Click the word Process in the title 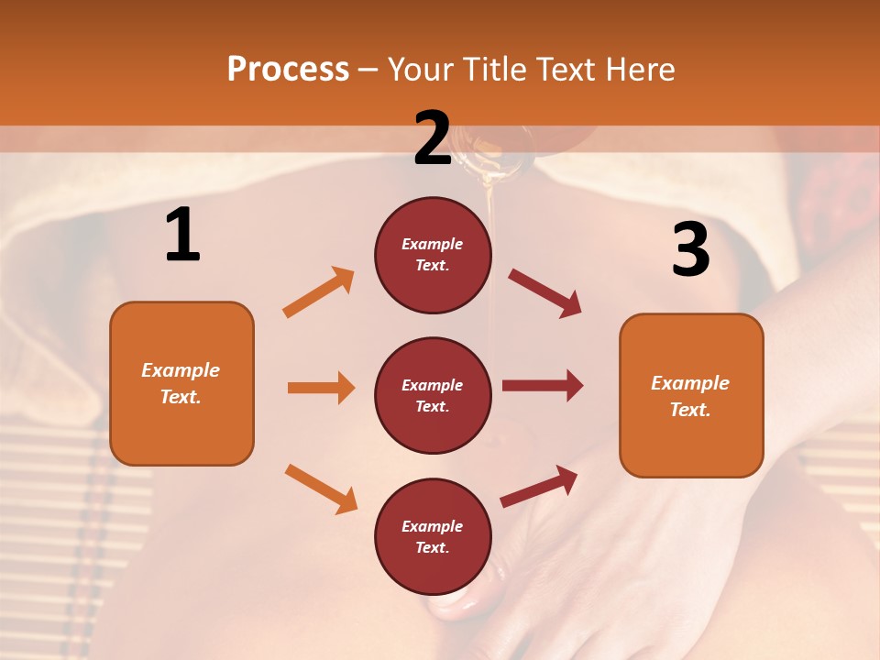pos(288,69)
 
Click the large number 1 pos(182,236)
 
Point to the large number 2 pos(433,138)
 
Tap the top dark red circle pos(433,255)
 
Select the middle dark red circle pos(433,395)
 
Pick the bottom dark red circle pos(433,536)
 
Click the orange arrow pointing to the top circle pos(319,291)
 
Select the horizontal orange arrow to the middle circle pos(321,388)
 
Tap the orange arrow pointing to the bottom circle pos(321,489)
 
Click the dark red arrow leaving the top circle pos(545,293)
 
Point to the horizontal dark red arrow pos(543,386)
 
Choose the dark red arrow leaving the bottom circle pos(539,486)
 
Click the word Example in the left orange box pos(181,370)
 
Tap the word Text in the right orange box pos(689,410)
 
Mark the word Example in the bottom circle pos(433,526)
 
